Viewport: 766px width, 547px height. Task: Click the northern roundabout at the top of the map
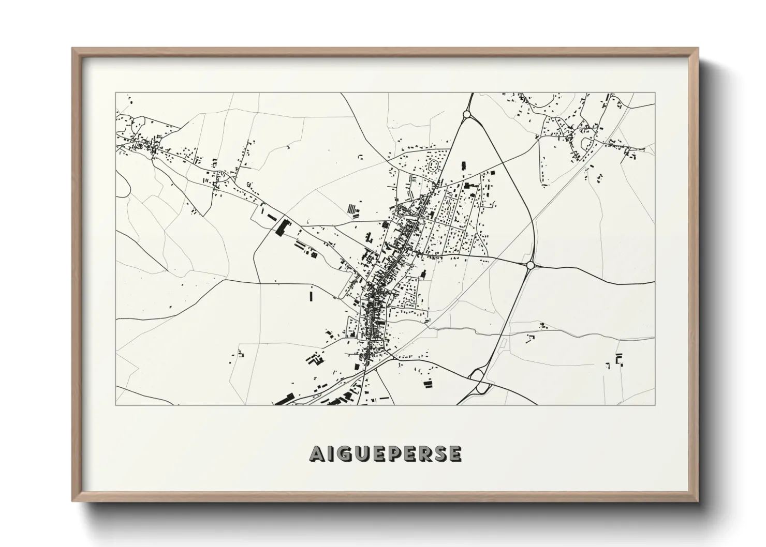click(x=467, y=114)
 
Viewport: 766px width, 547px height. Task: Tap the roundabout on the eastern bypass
click(x=530, y=265)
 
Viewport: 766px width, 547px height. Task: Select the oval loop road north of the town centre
click(x=434, y=165)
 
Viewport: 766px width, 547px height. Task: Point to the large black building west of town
click(x=283, y=227)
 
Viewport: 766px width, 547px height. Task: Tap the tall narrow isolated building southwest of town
click(x=312, y=296)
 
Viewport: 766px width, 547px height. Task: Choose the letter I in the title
click(x=332, y=453)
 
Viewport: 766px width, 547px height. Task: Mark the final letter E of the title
click(x=455, y=453)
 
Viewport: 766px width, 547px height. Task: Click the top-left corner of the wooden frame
click(x=73, y=49)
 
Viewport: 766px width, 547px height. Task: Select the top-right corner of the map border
click(x=655, y=93)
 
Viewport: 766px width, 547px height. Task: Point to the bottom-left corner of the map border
click(x=115, y=405)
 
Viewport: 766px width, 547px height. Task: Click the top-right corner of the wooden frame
click(x=697, y=49)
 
